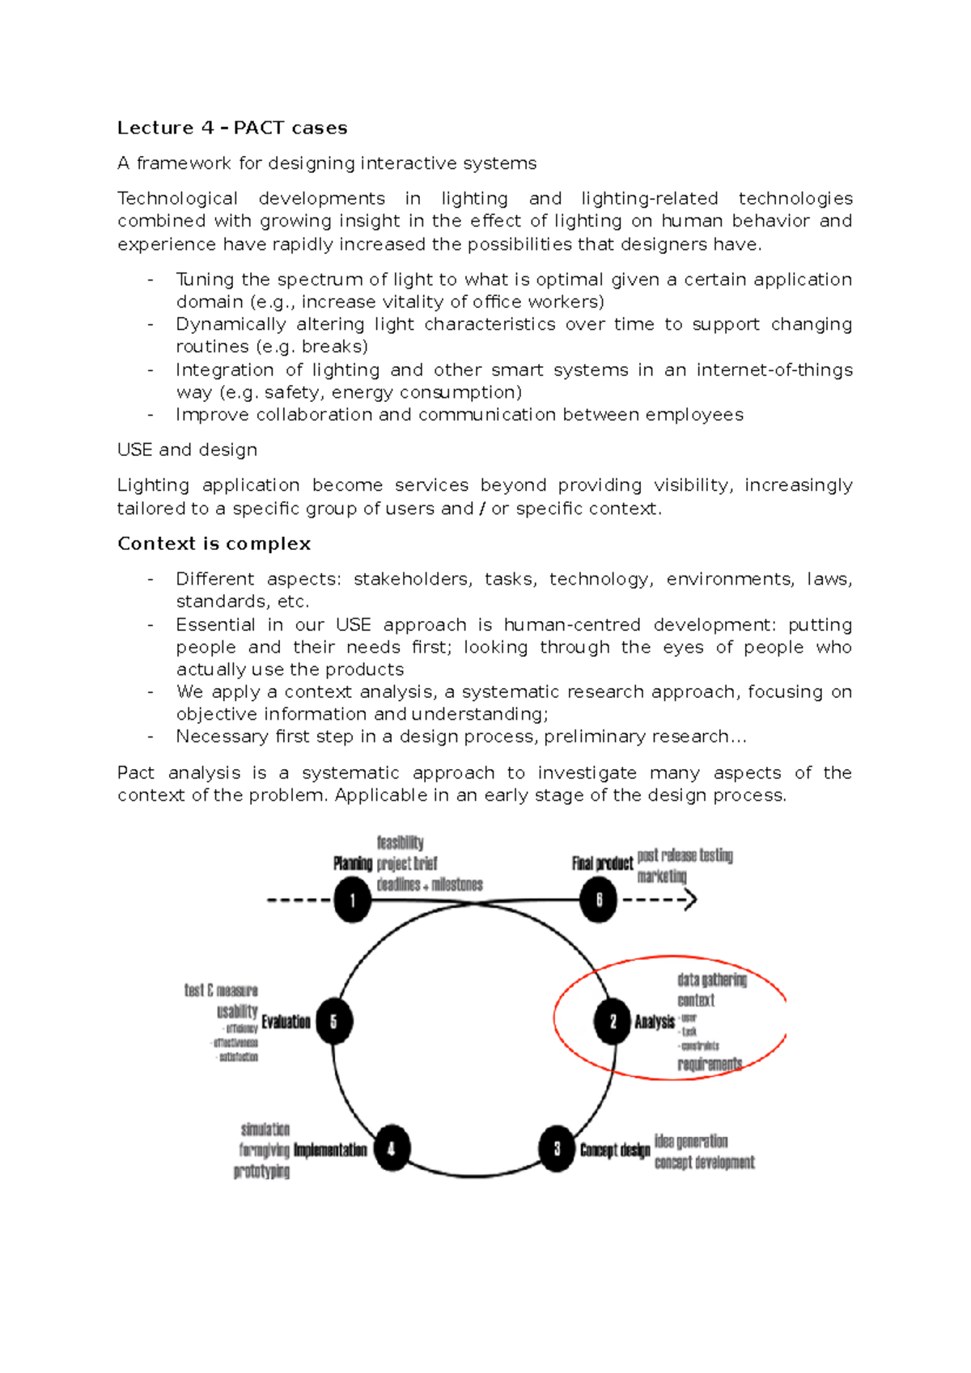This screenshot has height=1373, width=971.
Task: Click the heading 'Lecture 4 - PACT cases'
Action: (x=232, y=128)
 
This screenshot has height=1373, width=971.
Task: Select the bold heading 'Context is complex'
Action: (x=214, y=543)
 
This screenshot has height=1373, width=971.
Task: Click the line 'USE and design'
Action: (x=187, y=450)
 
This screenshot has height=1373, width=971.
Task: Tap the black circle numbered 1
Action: (x=352, y=900)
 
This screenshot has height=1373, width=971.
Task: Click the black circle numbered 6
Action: (x=598, y=900)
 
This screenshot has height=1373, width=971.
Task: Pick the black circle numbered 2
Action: (x=613, y=1022)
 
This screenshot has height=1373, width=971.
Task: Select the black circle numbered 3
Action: (x=557, y=1149)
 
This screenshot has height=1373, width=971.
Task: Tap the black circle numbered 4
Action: (x=392, y=1149)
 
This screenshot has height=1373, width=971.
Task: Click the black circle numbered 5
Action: (x=333, y=1022)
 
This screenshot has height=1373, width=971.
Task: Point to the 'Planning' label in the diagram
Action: (x=353, y=864)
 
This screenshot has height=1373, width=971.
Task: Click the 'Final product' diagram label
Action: (x=602, y=864)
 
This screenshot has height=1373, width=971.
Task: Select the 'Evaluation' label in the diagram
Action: (x=286, y=1022)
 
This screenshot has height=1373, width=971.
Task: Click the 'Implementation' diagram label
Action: (x=330, y=1150)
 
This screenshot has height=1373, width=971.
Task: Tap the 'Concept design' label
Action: (x=615, y=1150)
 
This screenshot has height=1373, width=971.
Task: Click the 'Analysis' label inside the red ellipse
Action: (x=655, y=1022)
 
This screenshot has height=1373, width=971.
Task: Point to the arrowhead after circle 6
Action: (x=689, y=900)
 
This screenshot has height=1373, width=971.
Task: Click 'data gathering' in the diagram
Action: (x=712, y=980)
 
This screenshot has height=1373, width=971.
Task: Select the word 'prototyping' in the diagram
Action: (x=261, y=1171)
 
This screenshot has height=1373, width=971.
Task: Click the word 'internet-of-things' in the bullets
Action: (x=774, y=370)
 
